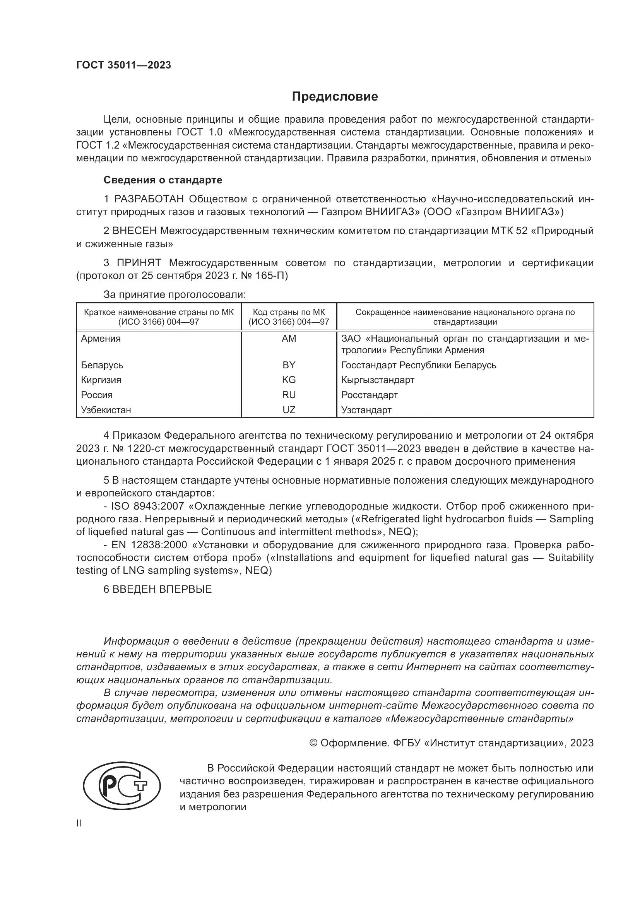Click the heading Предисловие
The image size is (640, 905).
[x=335, y=97]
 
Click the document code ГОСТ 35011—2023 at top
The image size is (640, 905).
[x=124, y=65]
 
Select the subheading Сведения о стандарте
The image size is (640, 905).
[x=163, y=180]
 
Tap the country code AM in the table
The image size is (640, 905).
[x=289, y=339]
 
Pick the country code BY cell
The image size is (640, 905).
[x=289, y=365]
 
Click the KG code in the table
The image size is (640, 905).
[x=289, y=380]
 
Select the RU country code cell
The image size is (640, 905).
[x=289, y=395]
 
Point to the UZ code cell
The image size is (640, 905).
[x=289, y=410]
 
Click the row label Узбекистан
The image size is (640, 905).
[x=106, y=410]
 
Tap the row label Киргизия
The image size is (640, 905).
[x=101, y=380]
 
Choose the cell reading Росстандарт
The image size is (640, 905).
[x=369, y=395]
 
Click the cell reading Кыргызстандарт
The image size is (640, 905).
[x=378, y=380]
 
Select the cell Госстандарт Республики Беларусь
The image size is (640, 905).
[x=419, y=365]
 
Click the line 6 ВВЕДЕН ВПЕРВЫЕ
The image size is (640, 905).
[x=157, y=589]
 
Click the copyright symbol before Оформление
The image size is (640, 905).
[x=313, y=743]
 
